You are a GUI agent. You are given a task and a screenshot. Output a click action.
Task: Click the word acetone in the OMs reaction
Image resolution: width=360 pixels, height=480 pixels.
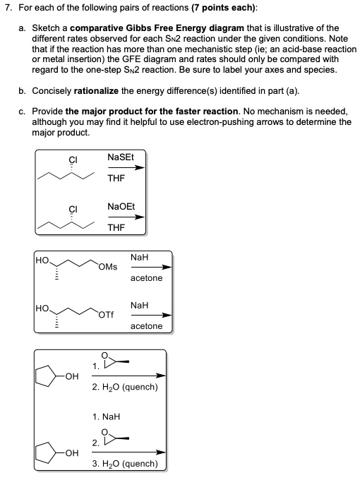pyautogui.click(x=146, y=278)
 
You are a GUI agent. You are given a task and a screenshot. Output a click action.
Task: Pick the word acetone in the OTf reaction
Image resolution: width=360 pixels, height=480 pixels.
pyautogui.click(x=146, y=326)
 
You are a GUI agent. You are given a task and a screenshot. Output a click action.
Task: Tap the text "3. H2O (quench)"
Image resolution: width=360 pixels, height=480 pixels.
pyautogui.click(x=125, y=464)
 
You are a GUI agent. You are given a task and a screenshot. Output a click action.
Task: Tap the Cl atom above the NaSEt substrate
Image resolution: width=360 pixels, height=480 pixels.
pyautogui.click(x=72, y=160)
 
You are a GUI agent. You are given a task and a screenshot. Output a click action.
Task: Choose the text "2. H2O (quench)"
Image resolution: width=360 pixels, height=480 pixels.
pyautogui.click(x=125, y=387)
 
